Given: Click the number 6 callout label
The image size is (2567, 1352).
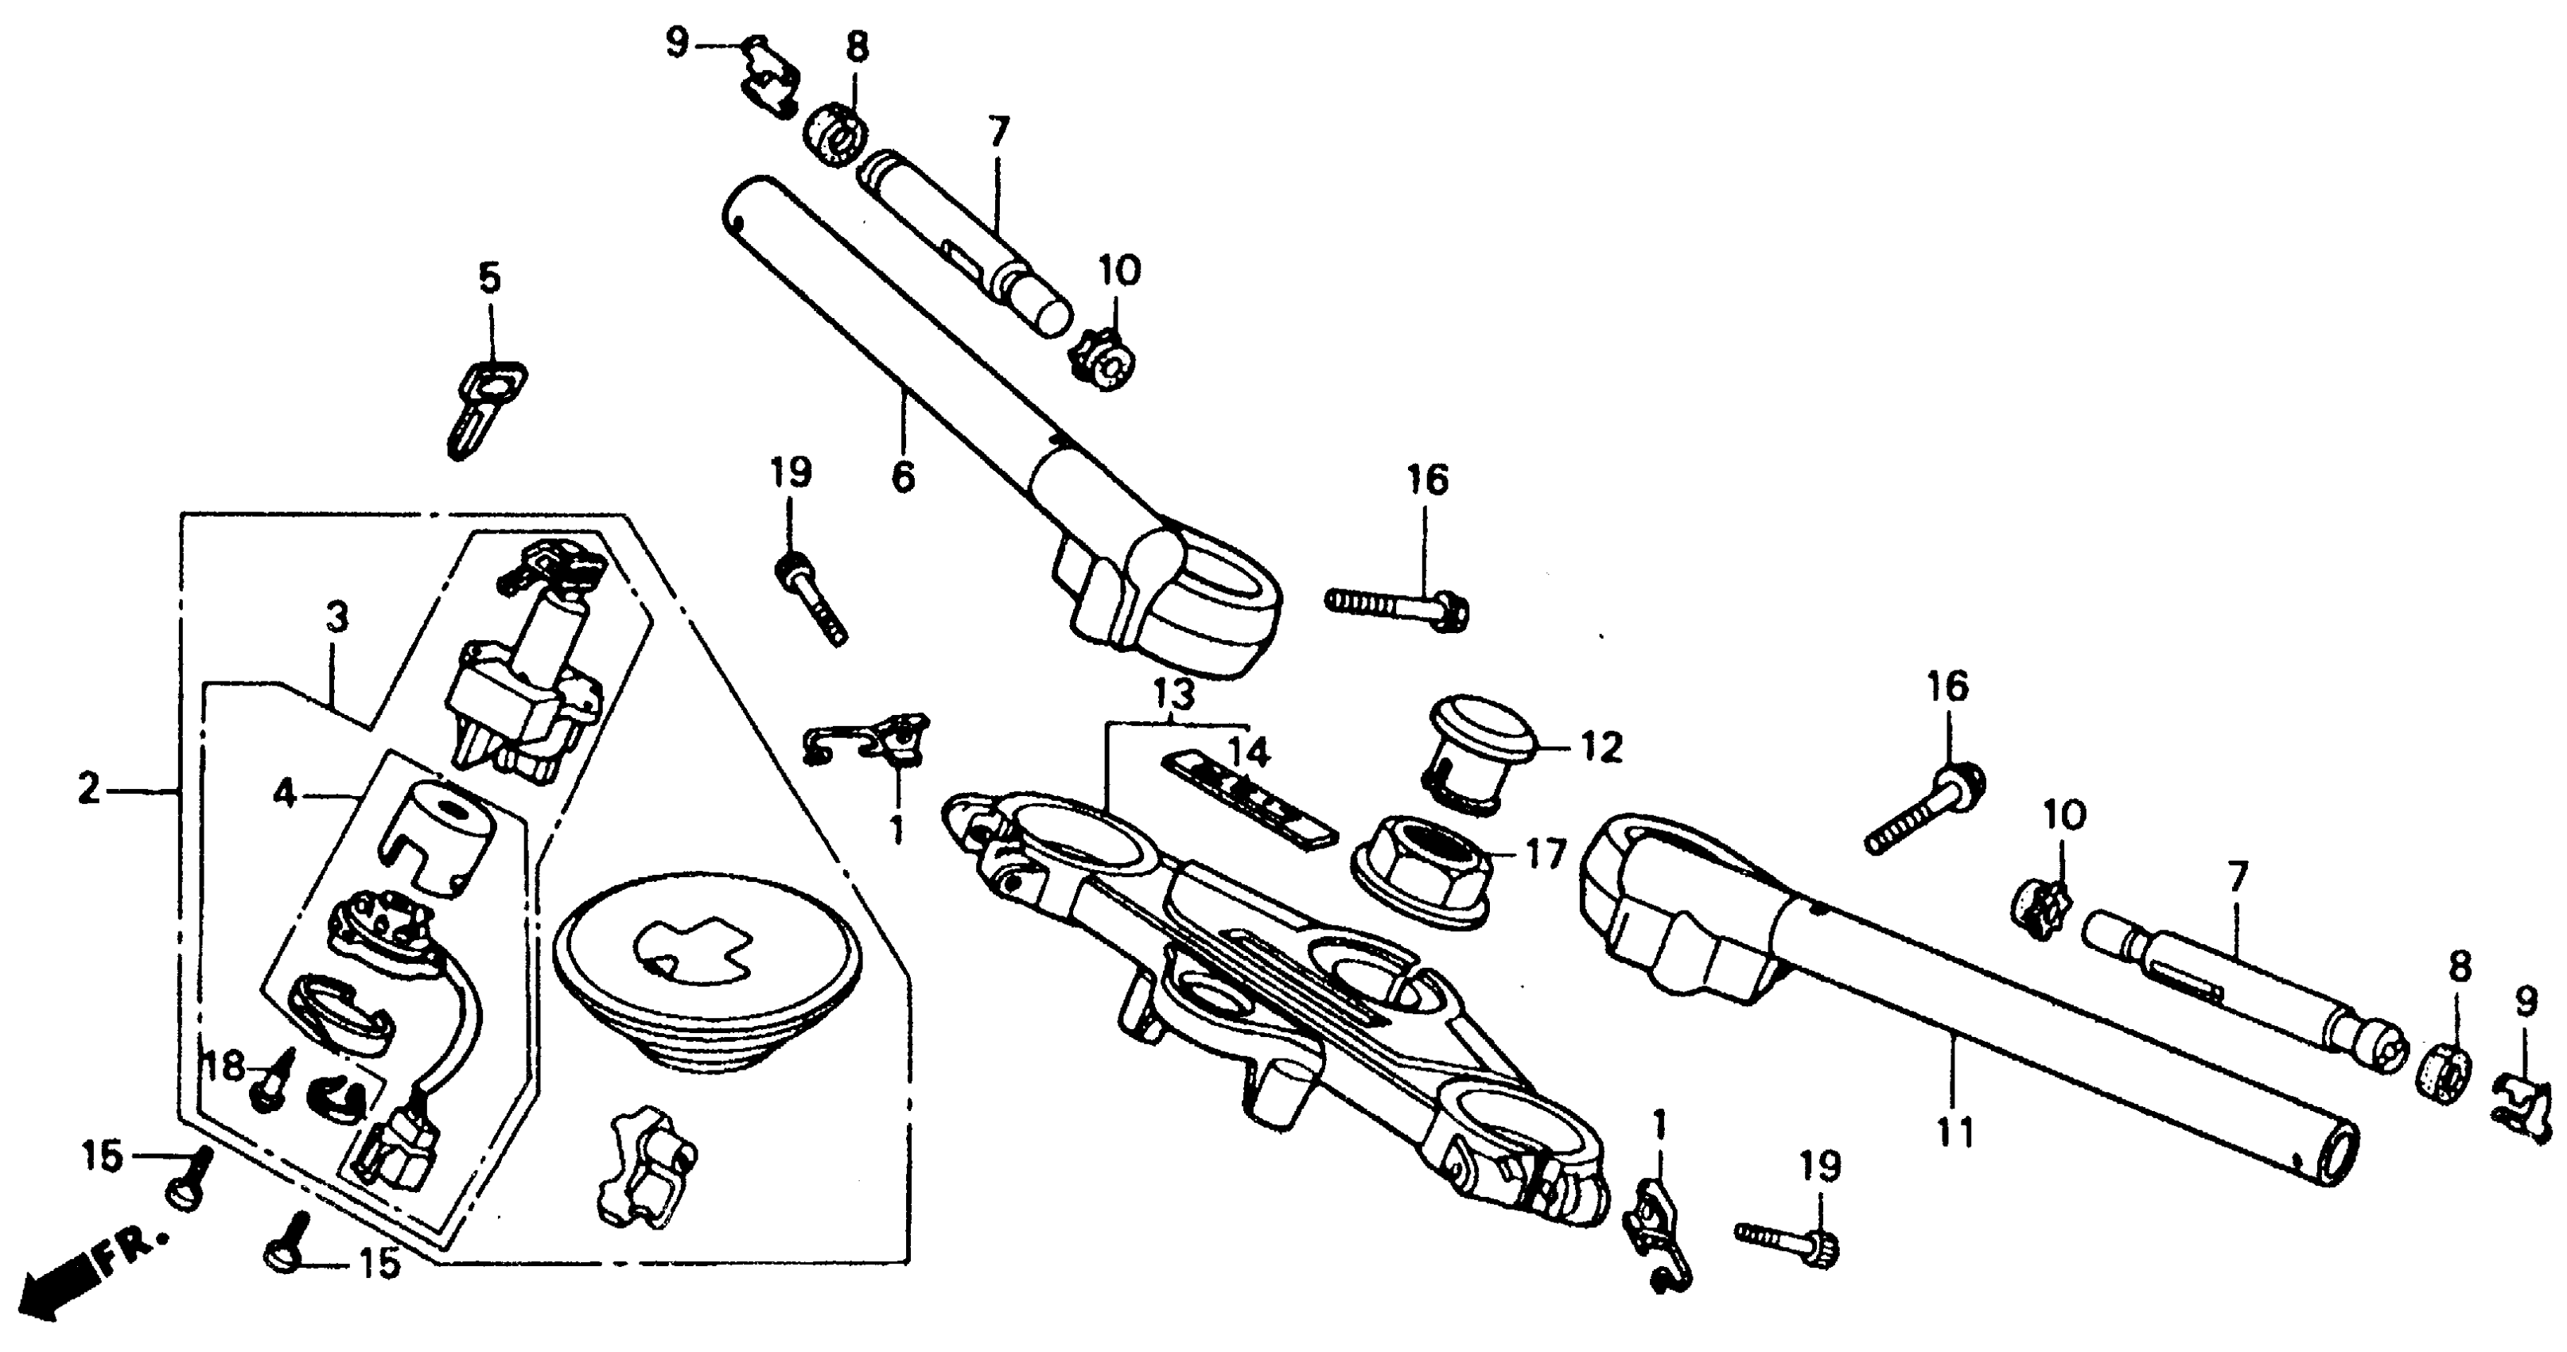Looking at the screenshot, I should [x=902, y=478].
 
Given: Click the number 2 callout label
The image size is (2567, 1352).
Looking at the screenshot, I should [x=90, y=791].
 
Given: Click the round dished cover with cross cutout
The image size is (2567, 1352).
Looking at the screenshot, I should [x=706, y=971].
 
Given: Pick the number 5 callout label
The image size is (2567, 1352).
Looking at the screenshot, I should [x=489, y=280].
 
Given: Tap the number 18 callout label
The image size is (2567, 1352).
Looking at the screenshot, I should [x=225, y=1067].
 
